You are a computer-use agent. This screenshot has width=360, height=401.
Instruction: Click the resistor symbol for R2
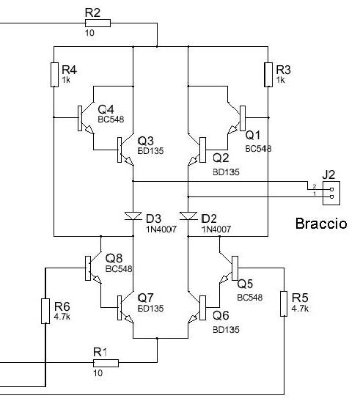(98, 23)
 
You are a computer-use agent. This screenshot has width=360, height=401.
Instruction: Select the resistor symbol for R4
(54, 75)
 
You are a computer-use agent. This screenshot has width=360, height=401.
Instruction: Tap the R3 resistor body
(268, 75)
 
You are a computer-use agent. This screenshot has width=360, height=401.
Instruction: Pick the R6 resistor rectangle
(45, 311)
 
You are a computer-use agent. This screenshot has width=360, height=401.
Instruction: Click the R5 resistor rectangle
(284, 303)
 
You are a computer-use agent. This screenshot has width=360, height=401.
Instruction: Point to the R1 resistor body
(106, 363)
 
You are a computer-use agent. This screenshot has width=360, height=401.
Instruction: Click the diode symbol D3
(133, 216)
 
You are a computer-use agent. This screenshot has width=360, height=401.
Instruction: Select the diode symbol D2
(188, 216)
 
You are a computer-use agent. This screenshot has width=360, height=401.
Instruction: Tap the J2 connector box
(331, 193)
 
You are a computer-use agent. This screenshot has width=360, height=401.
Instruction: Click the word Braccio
(321, 224)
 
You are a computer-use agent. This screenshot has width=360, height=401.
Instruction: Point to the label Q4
(106, 109)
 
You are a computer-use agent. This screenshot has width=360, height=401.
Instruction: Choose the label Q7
(145, 298)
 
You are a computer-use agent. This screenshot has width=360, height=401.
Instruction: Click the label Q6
(221, 315)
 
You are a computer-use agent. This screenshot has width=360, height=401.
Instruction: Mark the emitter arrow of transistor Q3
(129, 161)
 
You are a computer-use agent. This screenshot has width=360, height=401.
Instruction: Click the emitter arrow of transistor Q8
(98, 279)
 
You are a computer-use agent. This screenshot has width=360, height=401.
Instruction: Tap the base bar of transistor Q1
(243, 118)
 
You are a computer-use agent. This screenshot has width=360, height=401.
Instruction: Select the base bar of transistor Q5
(235, 268)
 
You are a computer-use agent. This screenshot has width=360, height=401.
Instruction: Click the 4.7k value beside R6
(62, 317)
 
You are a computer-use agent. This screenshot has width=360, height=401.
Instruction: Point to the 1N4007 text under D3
(161, 229)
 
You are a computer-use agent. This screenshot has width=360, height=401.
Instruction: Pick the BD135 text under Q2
(226, 172)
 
